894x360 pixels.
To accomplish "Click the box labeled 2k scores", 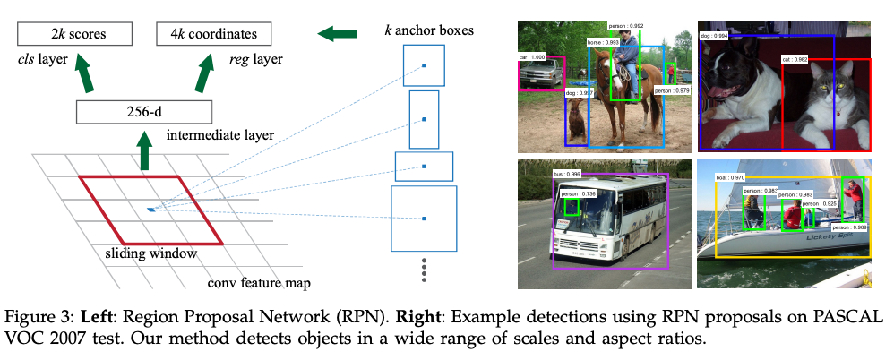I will [80, 35].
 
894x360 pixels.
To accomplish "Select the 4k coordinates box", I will [214, 35].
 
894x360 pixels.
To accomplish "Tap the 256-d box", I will [143, 112].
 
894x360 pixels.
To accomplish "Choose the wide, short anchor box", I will [424, 167].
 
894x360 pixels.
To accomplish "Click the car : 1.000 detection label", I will [533, 57].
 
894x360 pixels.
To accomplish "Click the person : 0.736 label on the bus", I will [577, 193].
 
